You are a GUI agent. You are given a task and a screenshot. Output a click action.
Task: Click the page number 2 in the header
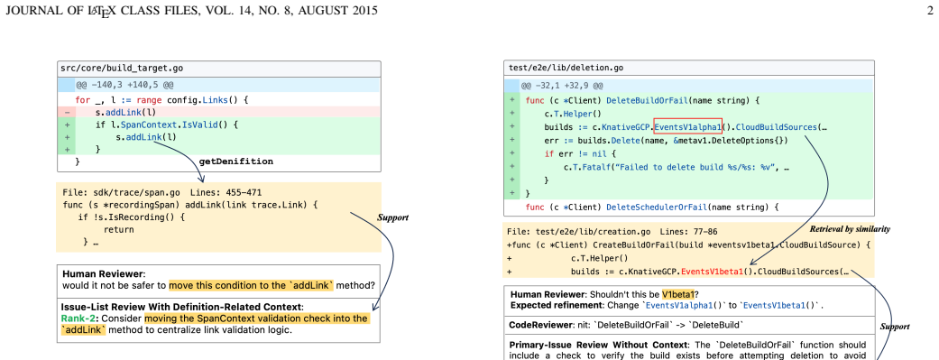click(x=930, y=10)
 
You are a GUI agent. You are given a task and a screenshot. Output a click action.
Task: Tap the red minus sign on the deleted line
click(x=67, y=112)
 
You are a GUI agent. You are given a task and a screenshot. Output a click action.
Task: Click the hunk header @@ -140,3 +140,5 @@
click(x=125, y=85)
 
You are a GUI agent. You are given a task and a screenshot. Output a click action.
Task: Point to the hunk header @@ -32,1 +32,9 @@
click(x=562, y=86)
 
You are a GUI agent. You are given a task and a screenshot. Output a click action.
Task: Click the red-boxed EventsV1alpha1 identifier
click(x=687, y=127)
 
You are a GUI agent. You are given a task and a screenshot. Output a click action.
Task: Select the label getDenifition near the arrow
click(x=236, y=162)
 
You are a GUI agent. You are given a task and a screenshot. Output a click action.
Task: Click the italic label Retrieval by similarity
click(x=850, y=229)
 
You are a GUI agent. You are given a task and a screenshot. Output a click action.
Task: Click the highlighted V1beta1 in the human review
click(x=677, y=295)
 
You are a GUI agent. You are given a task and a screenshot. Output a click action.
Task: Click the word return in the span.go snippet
click(x=118, y=229)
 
